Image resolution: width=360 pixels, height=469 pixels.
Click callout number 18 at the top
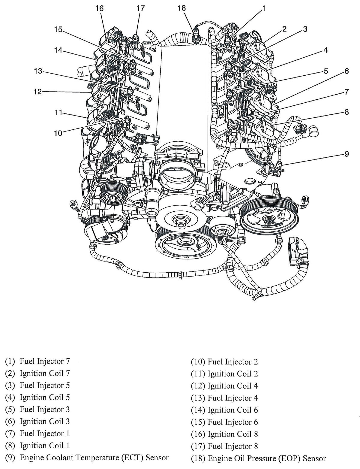(181, 8)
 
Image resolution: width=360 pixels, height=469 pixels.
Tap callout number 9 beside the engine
(346, 154)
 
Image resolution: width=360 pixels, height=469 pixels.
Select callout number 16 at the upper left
(100, 8)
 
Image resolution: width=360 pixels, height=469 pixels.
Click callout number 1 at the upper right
(264, 8)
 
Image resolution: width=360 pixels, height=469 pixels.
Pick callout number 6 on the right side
(346, 71)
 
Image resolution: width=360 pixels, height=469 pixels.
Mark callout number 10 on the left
(58, 133)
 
